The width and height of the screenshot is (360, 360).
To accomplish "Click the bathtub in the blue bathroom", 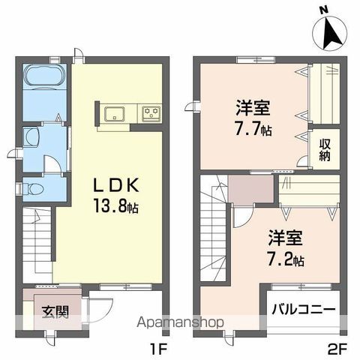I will pos(45,77).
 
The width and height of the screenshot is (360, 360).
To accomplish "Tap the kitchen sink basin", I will pos(115,114).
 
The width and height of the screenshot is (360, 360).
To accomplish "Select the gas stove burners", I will pos(151,114).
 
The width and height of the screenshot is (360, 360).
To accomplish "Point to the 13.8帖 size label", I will pos(117,205).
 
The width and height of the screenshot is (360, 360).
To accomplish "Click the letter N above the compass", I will pos(322,9).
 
